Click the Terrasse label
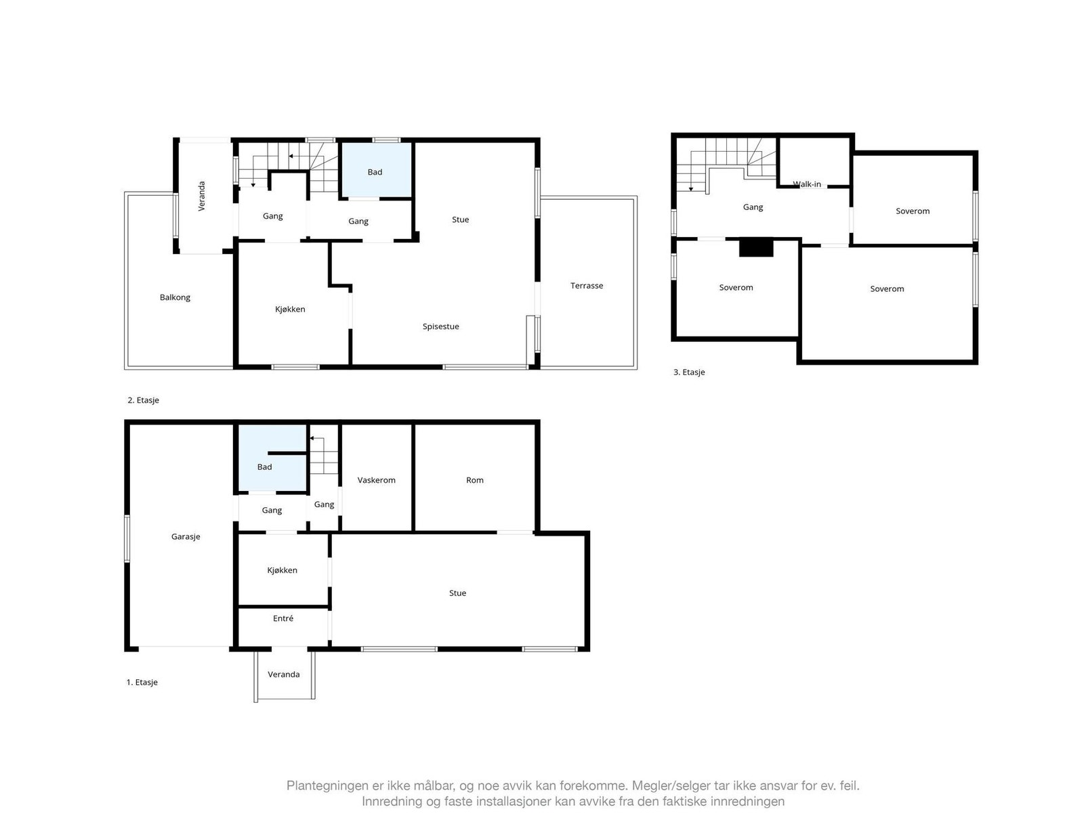[x=586, y=286]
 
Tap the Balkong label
[x=175, y=297]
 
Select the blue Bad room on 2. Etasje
[x=375, y=169]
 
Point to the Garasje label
[x=186, y=536]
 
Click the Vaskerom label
[x=376, y=480]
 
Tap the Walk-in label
[x=807, y=184]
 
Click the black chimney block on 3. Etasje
[x=755, y=248]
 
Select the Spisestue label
[x=440, y=326]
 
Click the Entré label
[x=283, y=618]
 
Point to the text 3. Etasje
[x=689, y=372]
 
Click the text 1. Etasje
[x=142, y=682]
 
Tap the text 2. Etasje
[x=143, y=400]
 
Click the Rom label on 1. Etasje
[x=474, y=480]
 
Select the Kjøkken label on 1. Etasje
[x=282, y=570]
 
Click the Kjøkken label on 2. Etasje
[x=290, y=309]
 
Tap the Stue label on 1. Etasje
[x=457, y=593]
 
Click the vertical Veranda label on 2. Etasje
[x=201, y=196]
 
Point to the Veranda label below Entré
[x=283, y=674]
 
